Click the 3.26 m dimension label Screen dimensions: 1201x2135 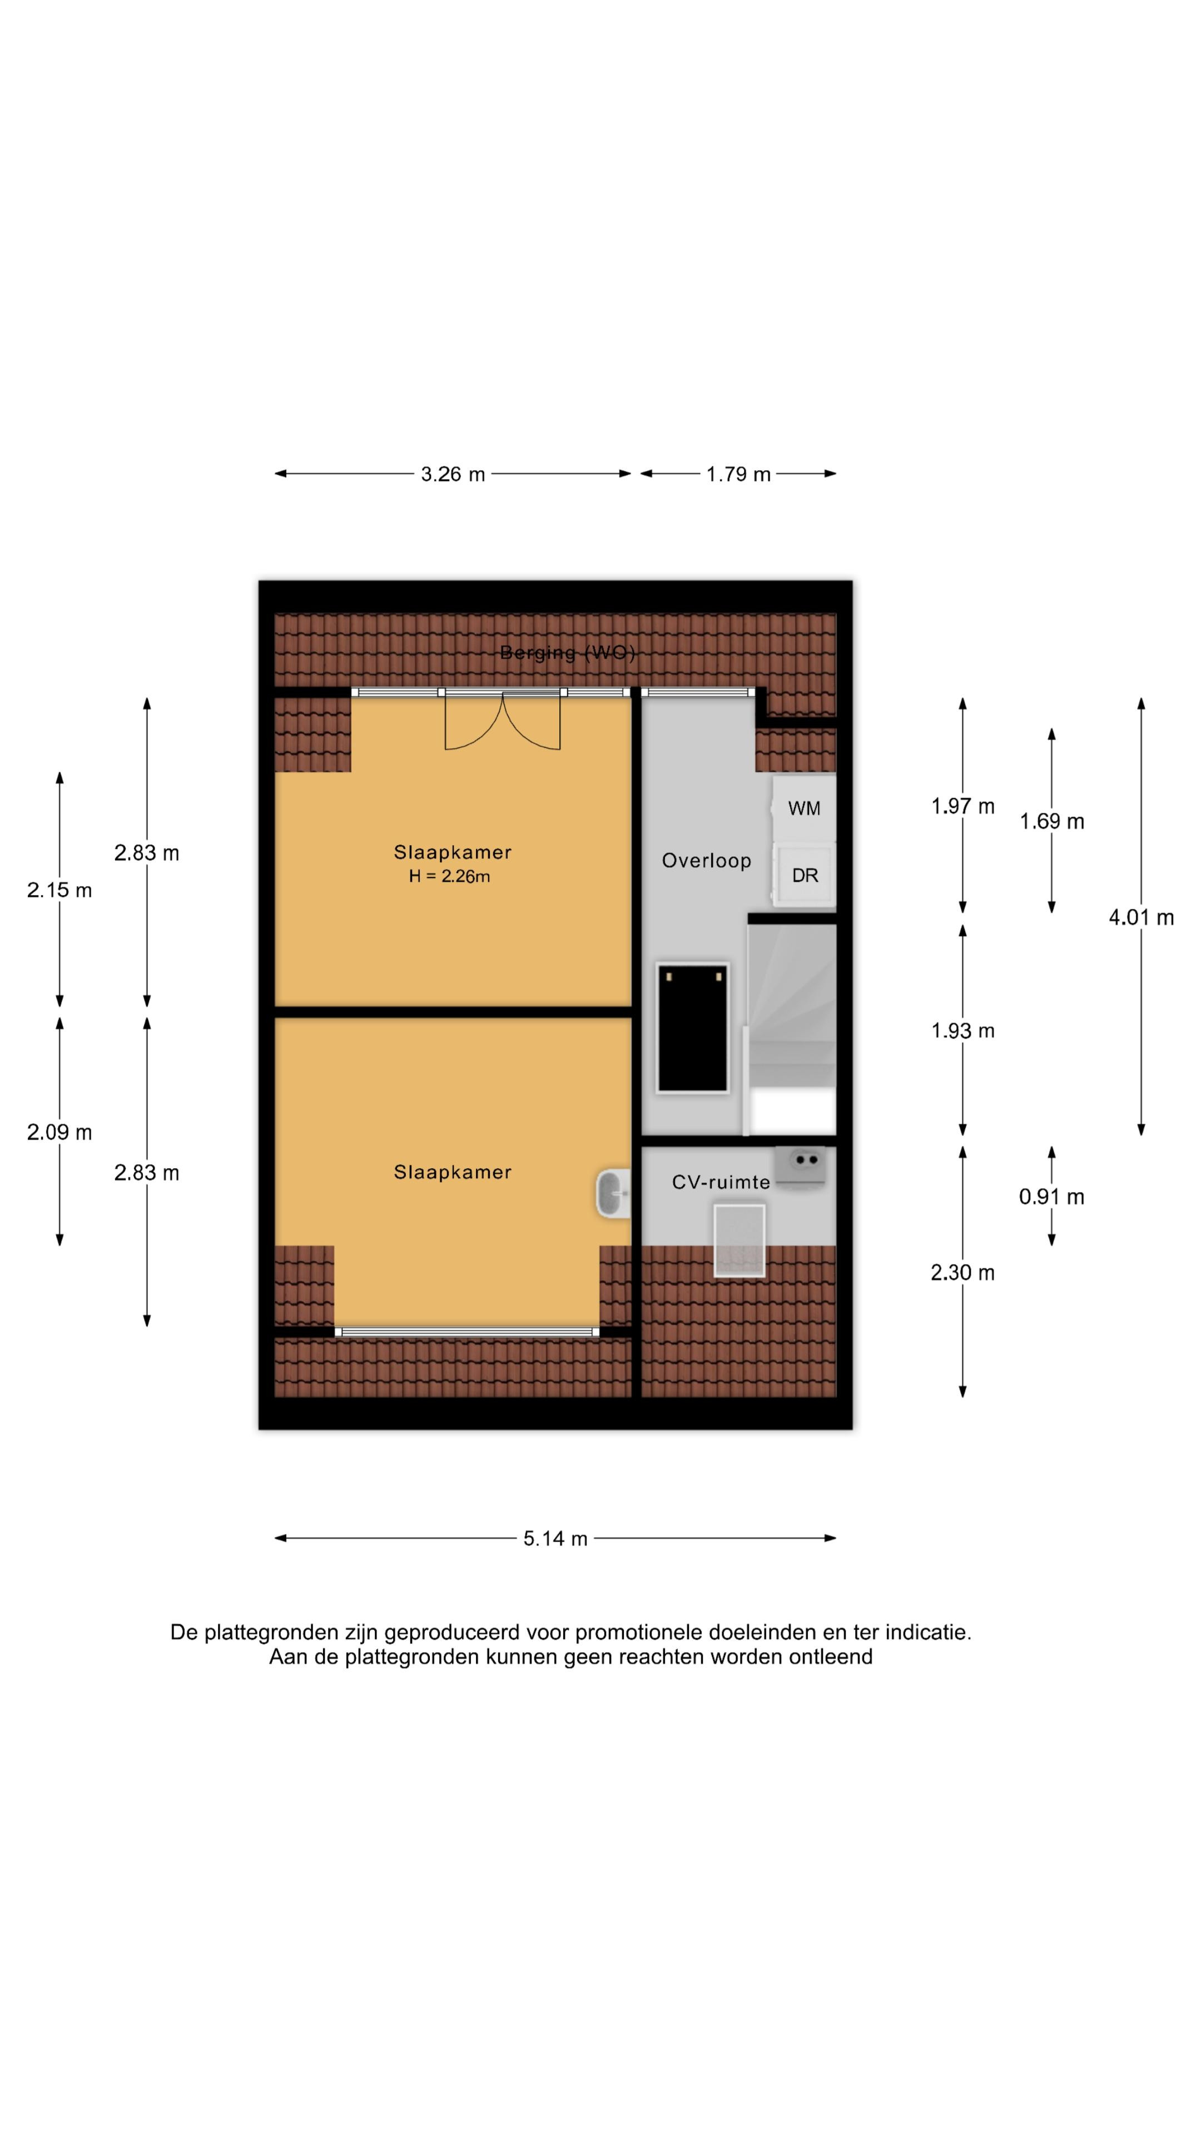tap(453, 474)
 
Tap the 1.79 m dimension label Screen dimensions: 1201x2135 tap(738, 474)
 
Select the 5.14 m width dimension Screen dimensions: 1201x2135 tap(554, 1538)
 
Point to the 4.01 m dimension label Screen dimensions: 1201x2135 tap(1140, 917)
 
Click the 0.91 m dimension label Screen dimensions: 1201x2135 tap(1051, 1197)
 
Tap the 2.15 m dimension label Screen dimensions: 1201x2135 tap(59, 890)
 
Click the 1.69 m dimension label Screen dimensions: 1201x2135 tap(1051, 821)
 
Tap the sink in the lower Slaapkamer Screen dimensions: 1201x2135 tap(613, 1194)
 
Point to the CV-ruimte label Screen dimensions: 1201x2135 tap(720, 1182)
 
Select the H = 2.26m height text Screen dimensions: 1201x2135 tap(449, 876)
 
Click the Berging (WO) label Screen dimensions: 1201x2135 tap(568, 653)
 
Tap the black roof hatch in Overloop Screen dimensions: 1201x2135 tap(692, 1027)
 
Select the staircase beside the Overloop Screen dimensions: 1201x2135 tap(792, 1027)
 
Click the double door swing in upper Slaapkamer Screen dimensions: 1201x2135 tap(502, 721)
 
